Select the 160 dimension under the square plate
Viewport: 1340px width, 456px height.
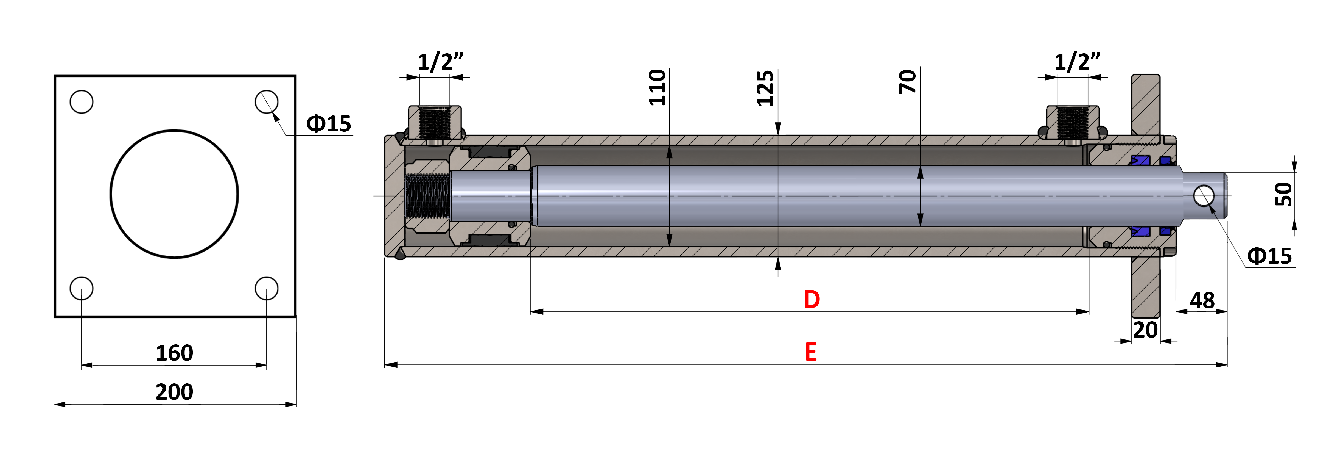(x=174, y=353)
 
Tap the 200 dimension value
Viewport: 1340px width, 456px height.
(x=174, y=391)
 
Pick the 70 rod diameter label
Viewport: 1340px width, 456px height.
(x=907, y=82)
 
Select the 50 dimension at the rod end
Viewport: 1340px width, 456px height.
(x=1283, y=194)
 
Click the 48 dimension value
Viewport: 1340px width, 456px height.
(x=1202, y=300)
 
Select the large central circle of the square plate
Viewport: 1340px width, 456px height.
(x=174, y=194)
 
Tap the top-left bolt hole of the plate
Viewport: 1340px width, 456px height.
(x=82, y=101)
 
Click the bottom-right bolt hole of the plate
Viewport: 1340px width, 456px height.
(x=266, y=288)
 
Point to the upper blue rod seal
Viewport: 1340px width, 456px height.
(x=1140, y=160)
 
